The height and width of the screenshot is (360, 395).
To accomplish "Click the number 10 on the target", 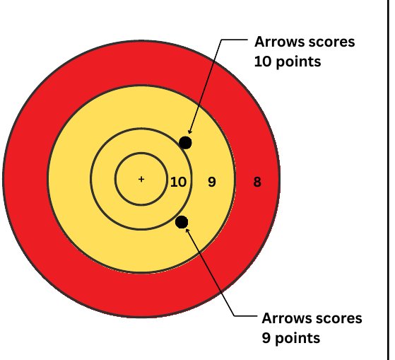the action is [178, 182].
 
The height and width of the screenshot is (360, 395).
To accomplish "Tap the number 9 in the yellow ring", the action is [212, 182].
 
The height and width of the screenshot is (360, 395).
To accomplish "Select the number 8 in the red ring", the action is [257, 182].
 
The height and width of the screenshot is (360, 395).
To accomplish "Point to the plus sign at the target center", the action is [141, 179].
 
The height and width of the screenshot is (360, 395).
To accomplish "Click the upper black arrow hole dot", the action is [185, 143].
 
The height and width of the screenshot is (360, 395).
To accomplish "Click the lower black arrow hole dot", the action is [182, 222].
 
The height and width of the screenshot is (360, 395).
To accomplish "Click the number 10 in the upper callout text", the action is [262, 62].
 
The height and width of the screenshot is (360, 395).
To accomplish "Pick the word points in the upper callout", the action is [298, 62].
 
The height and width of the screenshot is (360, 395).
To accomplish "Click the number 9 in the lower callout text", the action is [266, 338].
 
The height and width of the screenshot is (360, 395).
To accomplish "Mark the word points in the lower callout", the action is [297, 339].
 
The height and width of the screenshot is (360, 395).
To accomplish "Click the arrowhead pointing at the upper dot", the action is [190, 132].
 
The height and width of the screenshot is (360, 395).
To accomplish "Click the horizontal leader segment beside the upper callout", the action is [235, 40].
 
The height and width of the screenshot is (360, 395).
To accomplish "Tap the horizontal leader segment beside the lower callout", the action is [245, 315].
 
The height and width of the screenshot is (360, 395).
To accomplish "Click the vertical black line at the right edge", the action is [388, 180].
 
